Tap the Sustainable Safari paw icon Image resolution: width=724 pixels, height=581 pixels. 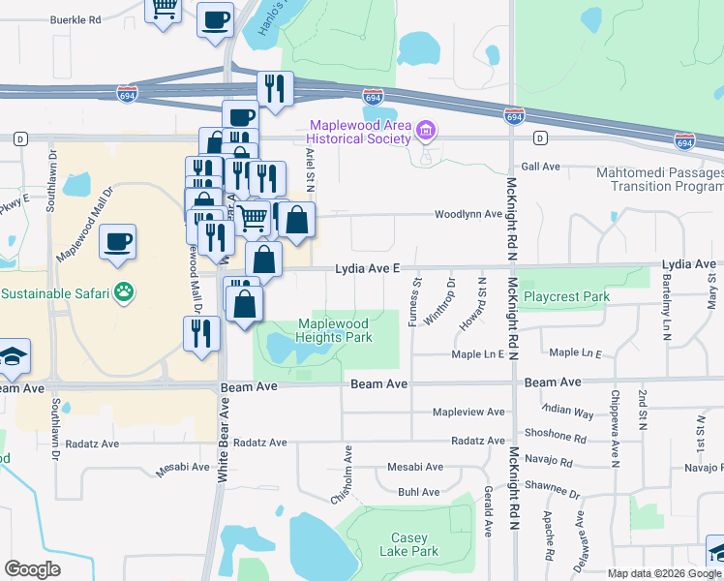(x=123, y=290)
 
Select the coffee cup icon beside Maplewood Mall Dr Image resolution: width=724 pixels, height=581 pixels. (x=118, y=242)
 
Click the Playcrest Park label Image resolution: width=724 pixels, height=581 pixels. (x=566, y=295)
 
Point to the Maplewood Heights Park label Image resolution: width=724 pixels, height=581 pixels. (x=334, y=330)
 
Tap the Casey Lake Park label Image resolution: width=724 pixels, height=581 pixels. (x=415, y=544)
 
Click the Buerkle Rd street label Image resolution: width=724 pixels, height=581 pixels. (x=78, y=19)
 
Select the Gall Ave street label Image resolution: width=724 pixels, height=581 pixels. (x=541, y=167)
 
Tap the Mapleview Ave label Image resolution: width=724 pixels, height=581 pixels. (x=468, y=412)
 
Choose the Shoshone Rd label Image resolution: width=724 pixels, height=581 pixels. (x=553, y=438)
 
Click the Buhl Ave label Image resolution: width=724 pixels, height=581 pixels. (x=419, y=492)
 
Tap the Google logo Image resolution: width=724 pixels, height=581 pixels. (x=33, y=568)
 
